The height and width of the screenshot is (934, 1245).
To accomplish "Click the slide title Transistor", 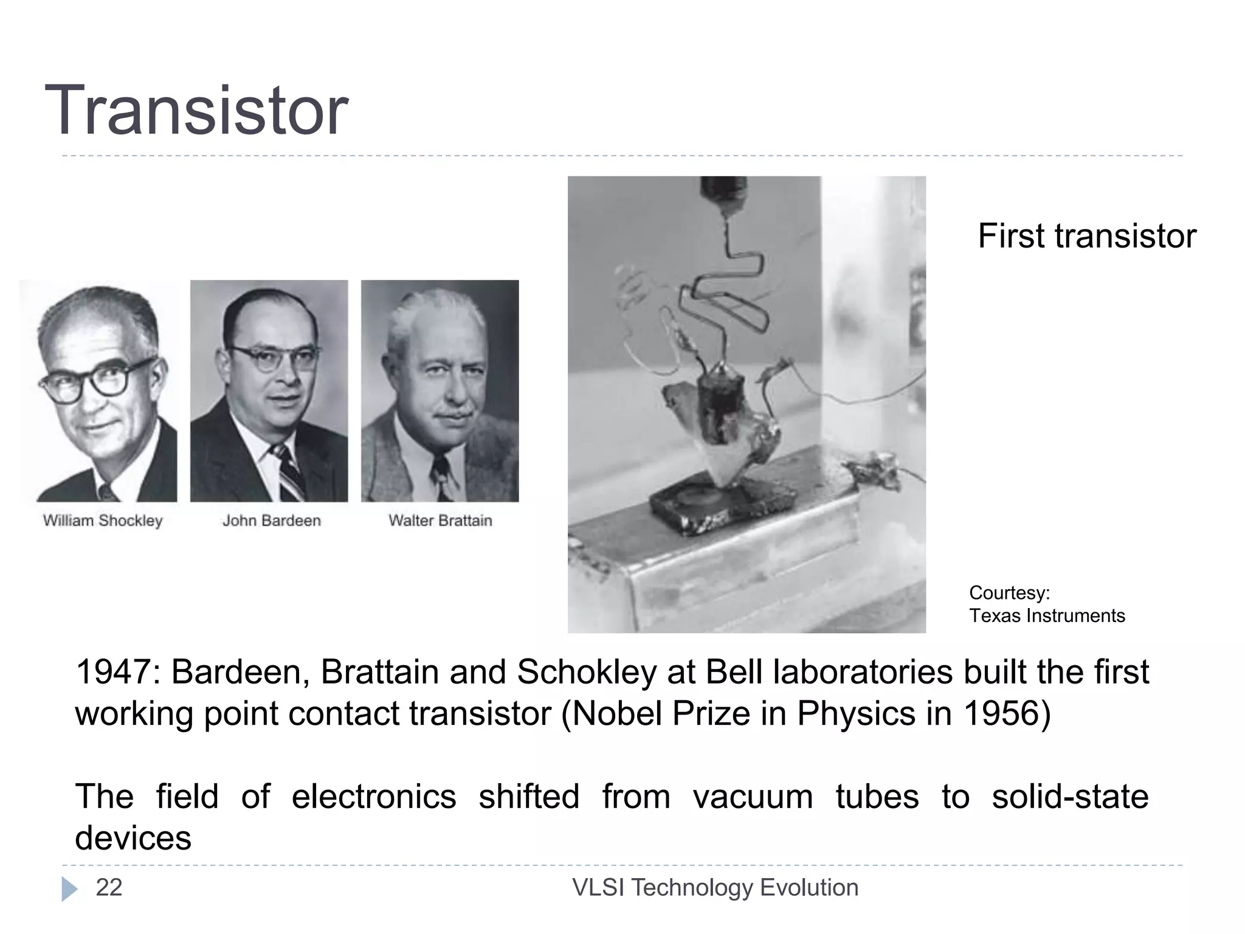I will (196, 111).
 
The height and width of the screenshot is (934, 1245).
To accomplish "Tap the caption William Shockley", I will (103, 521).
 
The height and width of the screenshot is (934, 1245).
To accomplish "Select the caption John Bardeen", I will (271, 521).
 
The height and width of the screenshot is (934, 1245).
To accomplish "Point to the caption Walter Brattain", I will (440, 521).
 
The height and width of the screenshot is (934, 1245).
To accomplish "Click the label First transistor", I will (1086, 236).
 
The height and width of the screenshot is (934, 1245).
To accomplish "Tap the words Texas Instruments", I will (1046, 615).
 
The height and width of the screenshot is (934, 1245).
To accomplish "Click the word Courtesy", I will (1008, 592).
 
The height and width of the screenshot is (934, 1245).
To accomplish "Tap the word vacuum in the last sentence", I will (753, 797).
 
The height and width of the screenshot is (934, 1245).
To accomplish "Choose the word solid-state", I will (1070, 797).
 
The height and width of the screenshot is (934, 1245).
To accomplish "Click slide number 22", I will (109, 888).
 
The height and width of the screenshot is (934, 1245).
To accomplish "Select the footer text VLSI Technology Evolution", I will (715, 888).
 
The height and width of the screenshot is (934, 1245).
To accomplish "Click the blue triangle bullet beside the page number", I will (69, 889).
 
